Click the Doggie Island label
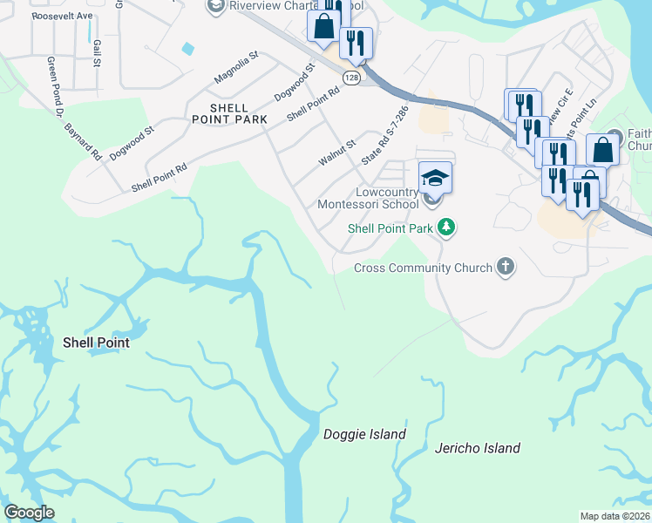coord(364,434)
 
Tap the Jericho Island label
coord(477,448)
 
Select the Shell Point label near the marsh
coord(96,343)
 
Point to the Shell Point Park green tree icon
coord(446,228)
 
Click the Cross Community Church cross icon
coord(506,268)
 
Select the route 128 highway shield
coord(351,78)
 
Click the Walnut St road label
coord(337,153)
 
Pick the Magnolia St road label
coord(236,68)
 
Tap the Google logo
coord(29,513)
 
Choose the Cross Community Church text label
coord(423,268)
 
